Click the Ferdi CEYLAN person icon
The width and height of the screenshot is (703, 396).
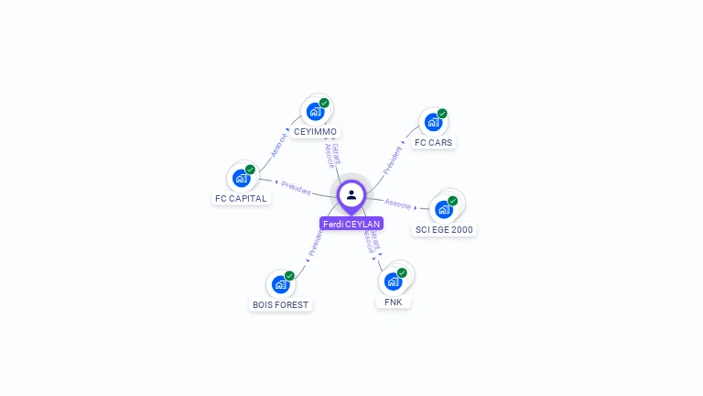point(351,194)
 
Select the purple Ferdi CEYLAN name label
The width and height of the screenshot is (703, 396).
point(351,224)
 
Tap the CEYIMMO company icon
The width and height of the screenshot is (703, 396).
point(316,112)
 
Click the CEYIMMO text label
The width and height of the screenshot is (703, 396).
point(315,132)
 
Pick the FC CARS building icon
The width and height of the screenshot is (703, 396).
point(432,123)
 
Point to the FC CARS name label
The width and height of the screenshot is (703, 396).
point(433,143)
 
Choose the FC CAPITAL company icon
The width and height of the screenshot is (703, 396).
point(242,178)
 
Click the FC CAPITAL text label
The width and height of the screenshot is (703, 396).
point(241,198)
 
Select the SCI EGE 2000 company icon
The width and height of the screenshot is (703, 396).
point(444,209)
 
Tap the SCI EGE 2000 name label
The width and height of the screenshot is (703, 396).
point(445,229)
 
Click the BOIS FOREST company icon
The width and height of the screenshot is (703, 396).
point(281,284)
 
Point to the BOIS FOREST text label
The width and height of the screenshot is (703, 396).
point(281,304)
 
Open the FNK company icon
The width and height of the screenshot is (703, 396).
point(393,281)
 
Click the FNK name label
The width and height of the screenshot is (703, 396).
point(394,302)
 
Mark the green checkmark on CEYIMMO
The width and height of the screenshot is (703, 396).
point(324,103)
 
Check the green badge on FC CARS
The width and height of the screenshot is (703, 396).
point(442,114)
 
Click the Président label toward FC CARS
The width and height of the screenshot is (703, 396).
point(393,159)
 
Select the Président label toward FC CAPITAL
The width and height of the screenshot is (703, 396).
point(296,187)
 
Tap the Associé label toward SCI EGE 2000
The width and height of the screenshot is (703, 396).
point(398,203)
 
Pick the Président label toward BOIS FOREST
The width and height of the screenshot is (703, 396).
point(315,242)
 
